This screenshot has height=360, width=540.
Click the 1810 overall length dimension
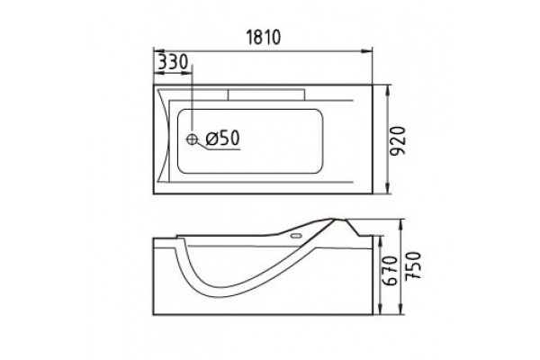coord(264,37)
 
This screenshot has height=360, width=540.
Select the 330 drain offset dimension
coord(173,62)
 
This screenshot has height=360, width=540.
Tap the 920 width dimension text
coord(400,141)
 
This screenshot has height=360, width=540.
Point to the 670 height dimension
coord(391,270)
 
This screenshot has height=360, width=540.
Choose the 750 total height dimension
coord(413,266)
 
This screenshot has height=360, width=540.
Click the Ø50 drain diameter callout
coord(222,139)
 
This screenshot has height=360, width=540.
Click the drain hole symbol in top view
coord(192,139)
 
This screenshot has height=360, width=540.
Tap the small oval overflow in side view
coord(296,237)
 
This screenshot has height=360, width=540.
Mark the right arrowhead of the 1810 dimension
coord(367,51)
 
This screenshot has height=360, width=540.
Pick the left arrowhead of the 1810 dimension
coord(158,51)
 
